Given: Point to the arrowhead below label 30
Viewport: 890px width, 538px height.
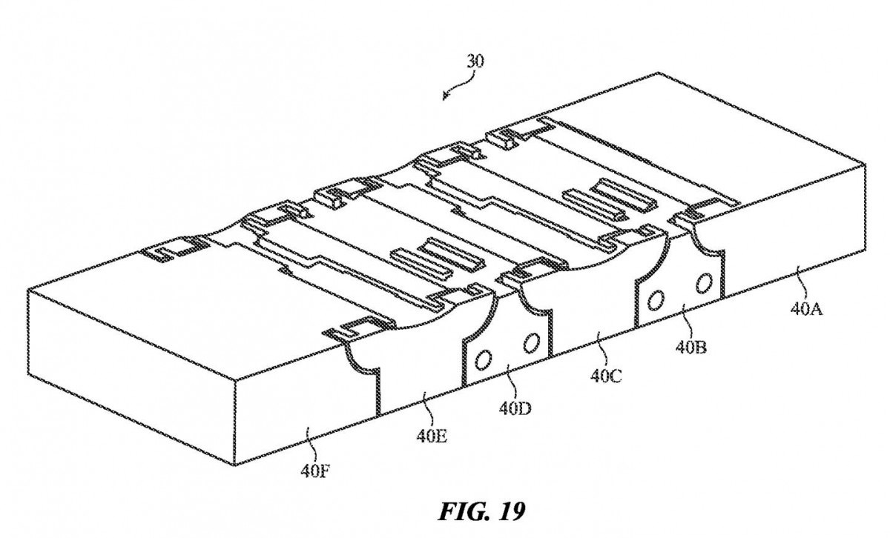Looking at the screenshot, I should [445, 96].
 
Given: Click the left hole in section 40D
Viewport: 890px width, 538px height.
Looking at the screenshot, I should [483, 360].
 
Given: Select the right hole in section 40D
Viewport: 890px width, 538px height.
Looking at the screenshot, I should [531, 342].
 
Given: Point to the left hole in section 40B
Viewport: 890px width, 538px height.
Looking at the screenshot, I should [655, 301].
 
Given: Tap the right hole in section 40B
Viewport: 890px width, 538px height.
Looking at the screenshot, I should [703, 282].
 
